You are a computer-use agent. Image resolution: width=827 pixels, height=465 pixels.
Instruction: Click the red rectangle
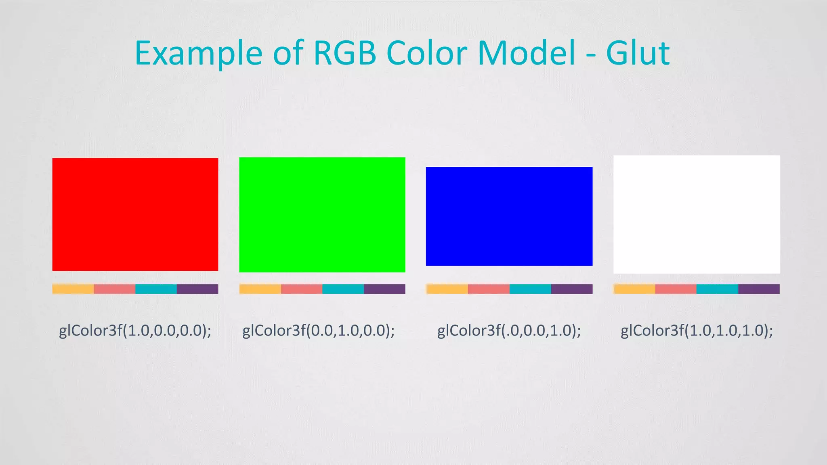(x=135, y=214)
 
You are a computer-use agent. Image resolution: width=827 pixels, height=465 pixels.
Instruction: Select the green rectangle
(x=322, y=215)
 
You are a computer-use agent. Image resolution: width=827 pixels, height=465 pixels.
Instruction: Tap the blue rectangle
(x=509, y=216)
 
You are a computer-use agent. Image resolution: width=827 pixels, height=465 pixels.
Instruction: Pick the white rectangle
(x=697, y=214)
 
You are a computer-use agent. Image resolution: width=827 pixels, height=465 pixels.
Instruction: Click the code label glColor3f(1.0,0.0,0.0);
(x=135, y=331)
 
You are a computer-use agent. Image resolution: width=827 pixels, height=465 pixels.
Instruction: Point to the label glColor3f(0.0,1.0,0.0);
(x=319, y=331)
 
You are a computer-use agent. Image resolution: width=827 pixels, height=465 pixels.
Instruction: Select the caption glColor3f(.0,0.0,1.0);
(x=509, y=331)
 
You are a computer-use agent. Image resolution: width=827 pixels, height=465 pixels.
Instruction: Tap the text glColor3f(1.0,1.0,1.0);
(x=697, y=331)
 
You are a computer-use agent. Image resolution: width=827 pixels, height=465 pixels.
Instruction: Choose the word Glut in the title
(x=638, y=53)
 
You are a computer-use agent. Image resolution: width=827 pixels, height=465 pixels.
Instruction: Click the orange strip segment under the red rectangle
(x=73, y=289)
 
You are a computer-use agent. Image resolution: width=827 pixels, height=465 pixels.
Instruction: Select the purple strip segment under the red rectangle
(x=197, y=289)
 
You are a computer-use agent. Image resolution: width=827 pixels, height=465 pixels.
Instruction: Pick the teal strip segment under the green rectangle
(x=343, y=289)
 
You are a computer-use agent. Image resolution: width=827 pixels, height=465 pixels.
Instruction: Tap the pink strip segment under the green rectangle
(x=302, y=289)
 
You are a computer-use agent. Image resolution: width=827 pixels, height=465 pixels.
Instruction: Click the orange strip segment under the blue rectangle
(x=447, y=289)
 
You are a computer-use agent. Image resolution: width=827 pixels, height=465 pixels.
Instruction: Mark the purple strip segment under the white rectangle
(x=759, y=289)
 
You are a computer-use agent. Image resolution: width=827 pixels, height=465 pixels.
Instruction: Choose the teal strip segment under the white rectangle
(x=717, y=289)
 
